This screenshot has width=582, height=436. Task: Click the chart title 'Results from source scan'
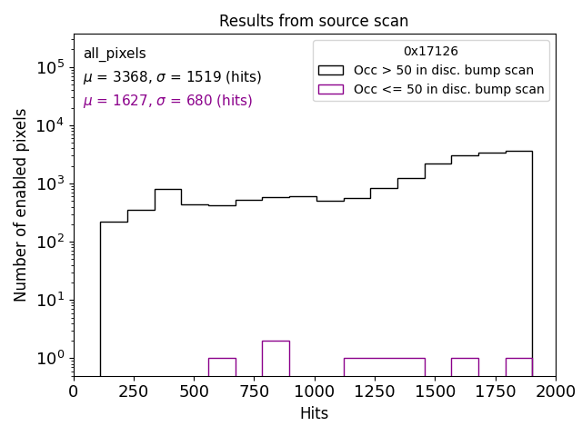[314, 21]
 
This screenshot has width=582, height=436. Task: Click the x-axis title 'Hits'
[314, 413]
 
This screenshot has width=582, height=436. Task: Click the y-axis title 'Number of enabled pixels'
[21, 205]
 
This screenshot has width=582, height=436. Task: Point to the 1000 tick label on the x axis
[314, 391]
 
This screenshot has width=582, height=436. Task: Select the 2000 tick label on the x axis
[555, 391]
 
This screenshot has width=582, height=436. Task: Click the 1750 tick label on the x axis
[495, 391]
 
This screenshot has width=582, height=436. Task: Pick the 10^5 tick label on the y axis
[49, 67]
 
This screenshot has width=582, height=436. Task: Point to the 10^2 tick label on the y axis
[49, 242]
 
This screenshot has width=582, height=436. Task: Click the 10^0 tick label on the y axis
[49, 358]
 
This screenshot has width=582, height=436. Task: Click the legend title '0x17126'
[430, 52]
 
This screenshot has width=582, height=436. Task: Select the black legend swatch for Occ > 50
[331, 70]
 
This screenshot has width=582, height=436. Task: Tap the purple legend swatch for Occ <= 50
[331, 89]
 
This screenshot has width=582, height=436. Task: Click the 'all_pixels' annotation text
[115, 54]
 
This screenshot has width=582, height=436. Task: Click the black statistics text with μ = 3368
[172, 77]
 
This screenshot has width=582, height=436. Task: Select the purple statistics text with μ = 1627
[167, 101]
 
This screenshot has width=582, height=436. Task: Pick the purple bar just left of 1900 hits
[518, 367]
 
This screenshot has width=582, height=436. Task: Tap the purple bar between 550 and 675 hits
[222, 367]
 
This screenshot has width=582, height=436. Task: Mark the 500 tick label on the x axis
[194, 391]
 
